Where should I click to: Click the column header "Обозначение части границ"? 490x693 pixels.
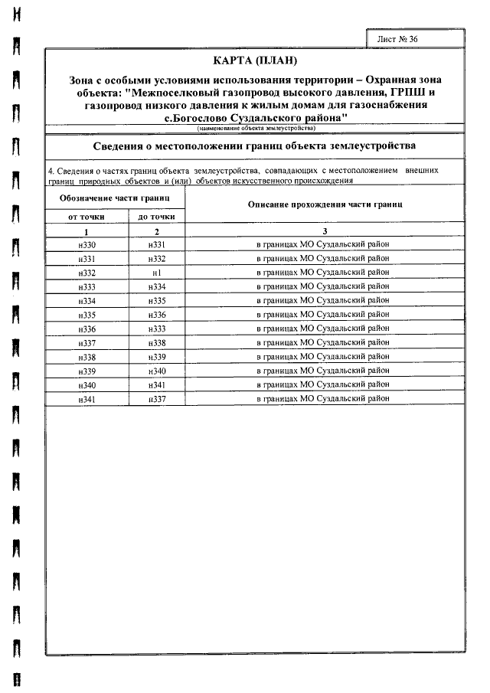pos(115,198)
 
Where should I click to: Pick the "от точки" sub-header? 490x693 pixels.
pos(87,217)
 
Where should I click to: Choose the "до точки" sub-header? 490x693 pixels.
pos(156,217)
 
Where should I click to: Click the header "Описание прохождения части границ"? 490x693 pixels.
pos(325,204)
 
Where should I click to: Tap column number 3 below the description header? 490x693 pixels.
pos(325,231)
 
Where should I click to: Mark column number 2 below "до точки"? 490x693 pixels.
pos(156,231)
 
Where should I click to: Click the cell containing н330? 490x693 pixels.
pos(87,244)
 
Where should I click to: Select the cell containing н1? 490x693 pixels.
pos(156,273)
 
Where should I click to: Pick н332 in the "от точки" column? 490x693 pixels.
pos(87,273)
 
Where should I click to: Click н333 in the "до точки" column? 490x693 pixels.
pos(156,329)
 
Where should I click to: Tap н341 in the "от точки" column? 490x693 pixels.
pos(87,399)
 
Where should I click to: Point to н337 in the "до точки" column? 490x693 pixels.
pos(156,399)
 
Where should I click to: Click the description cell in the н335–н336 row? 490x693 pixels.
pos(325,315)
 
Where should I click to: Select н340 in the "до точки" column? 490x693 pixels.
pos(156,371)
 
